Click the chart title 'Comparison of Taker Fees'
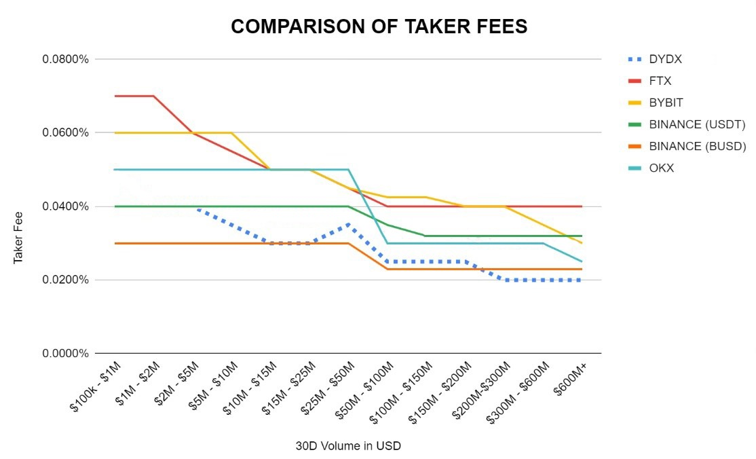click(x=379, y=26)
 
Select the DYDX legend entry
click(x=665, y=59)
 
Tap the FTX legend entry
click(x=660, y=81)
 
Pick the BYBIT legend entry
click(x=666, y=103)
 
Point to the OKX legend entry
click(x=661, y=168)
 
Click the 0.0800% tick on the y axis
click(x=66, y=59)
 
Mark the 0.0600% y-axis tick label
click(x=66, y=132)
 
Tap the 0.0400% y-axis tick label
click(x=66, y=206)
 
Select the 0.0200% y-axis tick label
click(x=66, y=280)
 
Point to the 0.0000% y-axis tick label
click(x=66, y=354)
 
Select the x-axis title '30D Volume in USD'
click(x=348, y=446)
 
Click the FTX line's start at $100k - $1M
click(x=115, y=96)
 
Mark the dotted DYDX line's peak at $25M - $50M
click(x=348, y=224)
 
